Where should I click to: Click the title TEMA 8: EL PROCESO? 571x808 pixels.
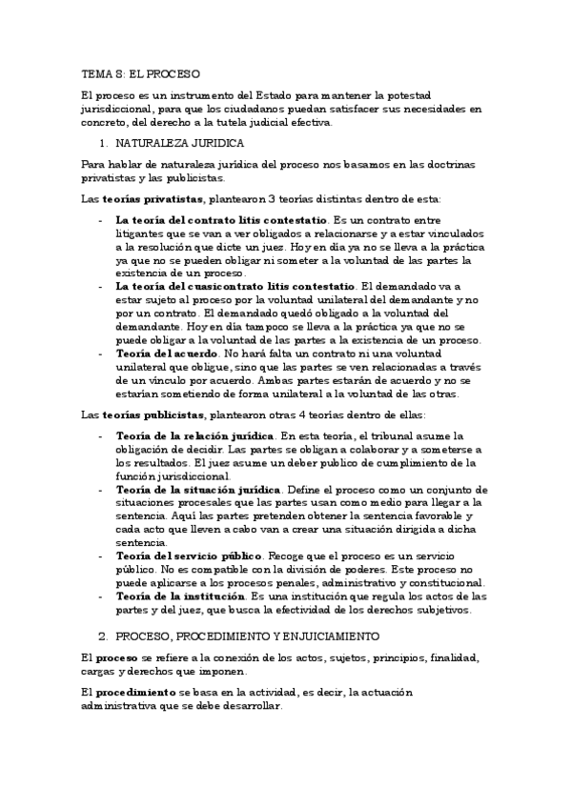tap(140, 72)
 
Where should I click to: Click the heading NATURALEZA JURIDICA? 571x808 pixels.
tap(180, 143)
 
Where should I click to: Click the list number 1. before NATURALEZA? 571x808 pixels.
tap(105, 143)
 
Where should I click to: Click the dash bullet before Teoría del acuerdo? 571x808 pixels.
tap(102, 353)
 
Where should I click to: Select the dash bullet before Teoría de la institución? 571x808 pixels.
tap(102, 596)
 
